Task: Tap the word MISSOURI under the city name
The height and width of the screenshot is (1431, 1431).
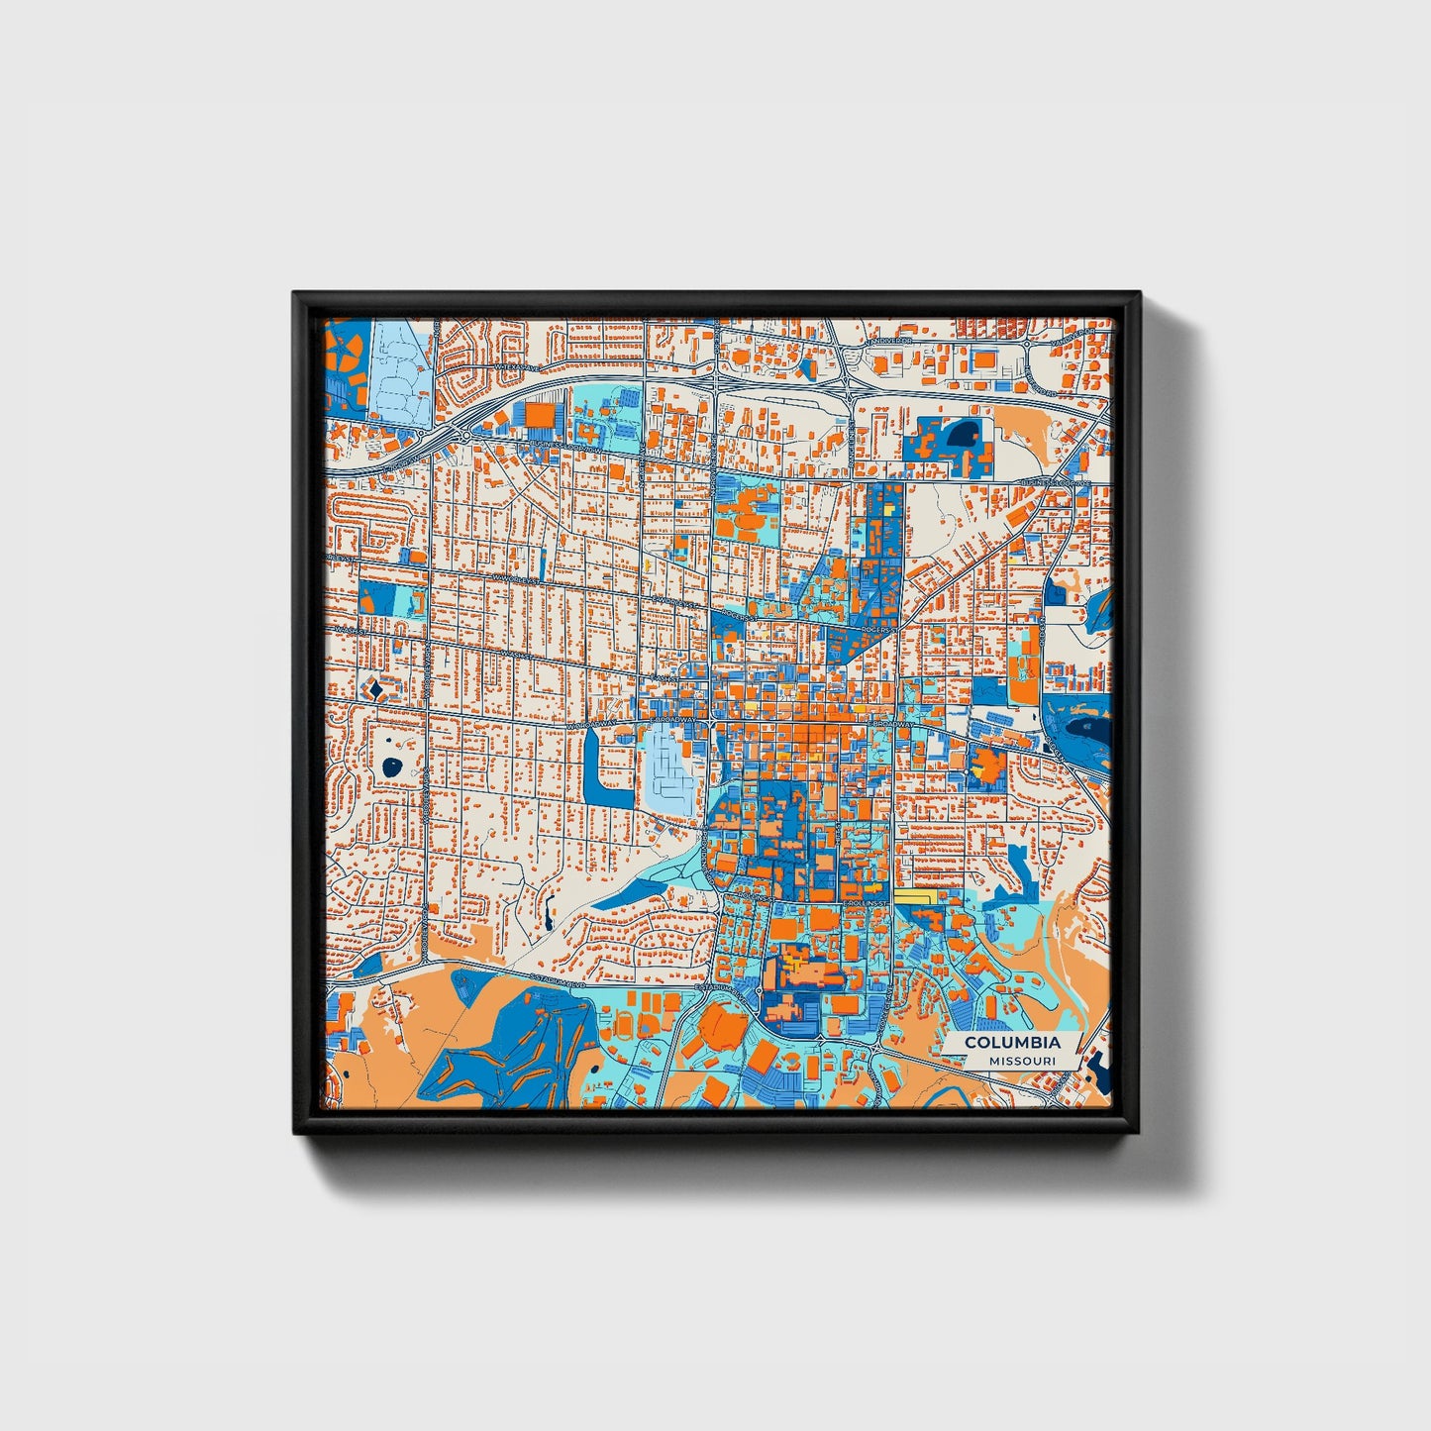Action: click(1022, 1061)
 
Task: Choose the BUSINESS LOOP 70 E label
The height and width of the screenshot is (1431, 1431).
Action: click(1056, 483)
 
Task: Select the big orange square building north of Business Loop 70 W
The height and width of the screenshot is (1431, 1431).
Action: click(541, 414)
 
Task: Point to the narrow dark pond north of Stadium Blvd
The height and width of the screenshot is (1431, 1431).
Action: click(546, 907)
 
